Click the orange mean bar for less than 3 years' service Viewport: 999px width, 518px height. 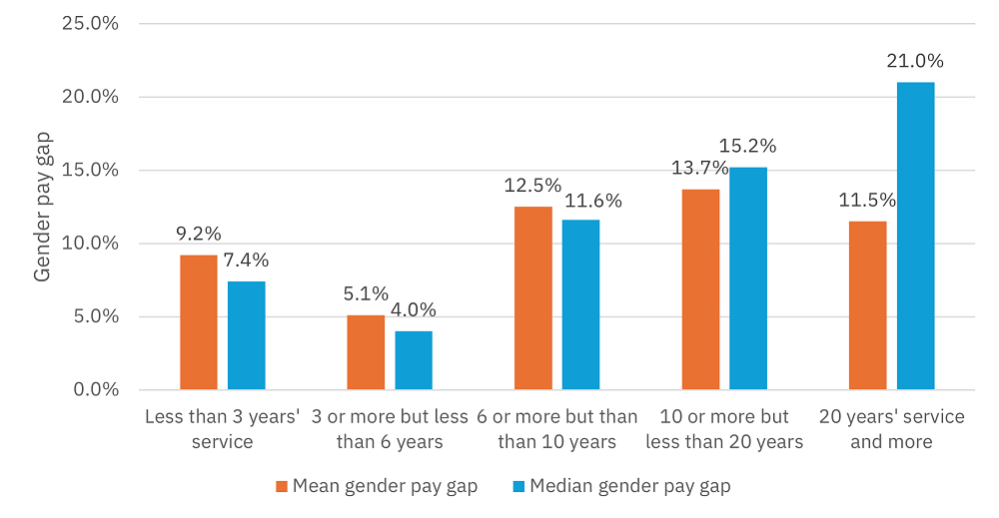198,322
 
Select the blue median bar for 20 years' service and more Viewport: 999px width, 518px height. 915,236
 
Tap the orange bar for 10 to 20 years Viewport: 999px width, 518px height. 700,289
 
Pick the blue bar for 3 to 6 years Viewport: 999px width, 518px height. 414,360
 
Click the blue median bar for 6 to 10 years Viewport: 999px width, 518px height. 580,304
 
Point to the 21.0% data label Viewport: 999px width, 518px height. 915,62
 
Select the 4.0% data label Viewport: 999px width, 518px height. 414,310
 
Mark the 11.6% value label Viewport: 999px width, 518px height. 593,201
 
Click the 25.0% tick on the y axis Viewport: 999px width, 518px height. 91,23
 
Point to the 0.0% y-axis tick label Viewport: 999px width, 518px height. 96,389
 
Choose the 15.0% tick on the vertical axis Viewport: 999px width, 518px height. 91,170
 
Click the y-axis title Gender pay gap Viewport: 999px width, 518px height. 43,207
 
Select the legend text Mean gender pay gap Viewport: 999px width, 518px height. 385,486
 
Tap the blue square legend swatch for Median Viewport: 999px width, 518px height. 518,486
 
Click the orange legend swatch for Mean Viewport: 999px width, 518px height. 281,486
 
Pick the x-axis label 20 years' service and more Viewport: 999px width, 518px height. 891,428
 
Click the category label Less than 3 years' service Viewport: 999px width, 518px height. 222,428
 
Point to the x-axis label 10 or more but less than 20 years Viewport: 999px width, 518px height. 724,428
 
